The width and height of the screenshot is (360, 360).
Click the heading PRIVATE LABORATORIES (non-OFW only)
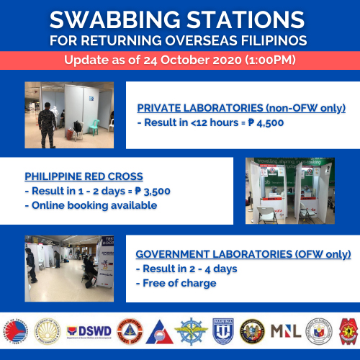click(241, 109)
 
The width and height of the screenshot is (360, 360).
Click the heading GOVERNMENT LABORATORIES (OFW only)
click(243, 255)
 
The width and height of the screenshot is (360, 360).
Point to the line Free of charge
click(179, 283)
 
